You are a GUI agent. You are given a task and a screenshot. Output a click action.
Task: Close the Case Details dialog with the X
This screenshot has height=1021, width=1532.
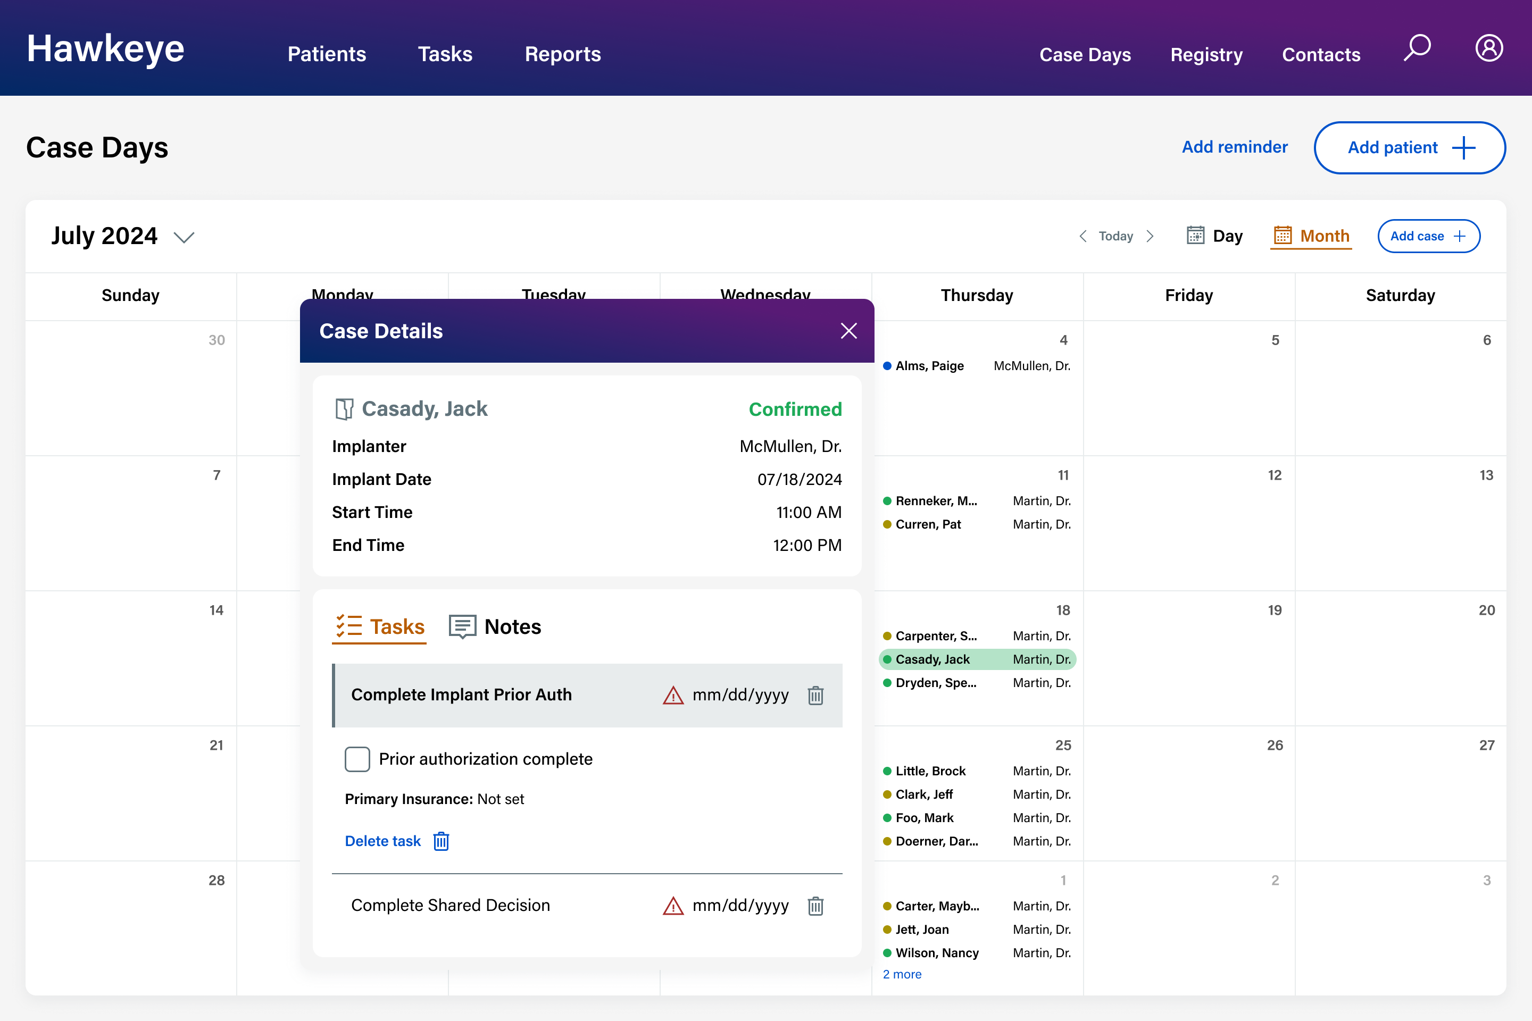pos(848,331)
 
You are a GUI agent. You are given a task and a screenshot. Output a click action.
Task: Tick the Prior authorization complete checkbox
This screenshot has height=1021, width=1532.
pos(357,759)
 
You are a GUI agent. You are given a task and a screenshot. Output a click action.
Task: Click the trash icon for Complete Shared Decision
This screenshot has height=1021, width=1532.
pos(815,906)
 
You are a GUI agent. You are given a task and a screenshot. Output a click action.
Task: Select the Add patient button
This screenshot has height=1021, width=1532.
pos(1410,148)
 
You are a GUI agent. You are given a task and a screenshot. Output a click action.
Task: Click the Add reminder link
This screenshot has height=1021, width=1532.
pos(1234,147)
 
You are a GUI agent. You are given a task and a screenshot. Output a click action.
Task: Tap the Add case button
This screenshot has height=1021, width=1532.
pos(1428,236)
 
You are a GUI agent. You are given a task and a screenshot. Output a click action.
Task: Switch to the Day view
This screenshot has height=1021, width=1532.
pos(1215,236)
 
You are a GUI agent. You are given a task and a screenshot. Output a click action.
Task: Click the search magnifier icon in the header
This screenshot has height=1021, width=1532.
pos(1417,48)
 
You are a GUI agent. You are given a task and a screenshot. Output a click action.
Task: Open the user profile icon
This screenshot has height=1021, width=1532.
pos(1489,48)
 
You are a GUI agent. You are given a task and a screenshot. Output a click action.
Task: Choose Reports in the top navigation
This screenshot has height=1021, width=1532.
pos(563,54)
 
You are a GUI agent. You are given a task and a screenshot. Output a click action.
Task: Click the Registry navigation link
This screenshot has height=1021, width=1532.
pos(1206,55)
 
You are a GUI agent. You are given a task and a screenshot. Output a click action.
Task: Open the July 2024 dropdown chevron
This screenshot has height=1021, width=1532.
pos(185,237)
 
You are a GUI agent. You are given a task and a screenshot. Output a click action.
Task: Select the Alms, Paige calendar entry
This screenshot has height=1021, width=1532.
pos(929,366)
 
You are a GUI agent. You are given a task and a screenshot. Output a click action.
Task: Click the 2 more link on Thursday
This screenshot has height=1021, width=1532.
pos(902,974)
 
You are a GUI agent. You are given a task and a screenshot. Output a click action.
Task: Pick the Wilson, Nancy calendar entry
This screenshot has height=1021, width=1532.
pos(937,952)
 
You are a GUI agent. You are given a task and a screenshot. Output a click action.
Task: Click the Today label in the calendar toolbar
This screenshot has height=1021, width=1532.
pos(1116,236)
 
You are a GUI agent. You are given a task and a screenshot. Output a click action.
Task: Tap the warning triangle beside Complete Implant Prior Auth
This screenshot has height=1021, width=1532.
pos(673,696)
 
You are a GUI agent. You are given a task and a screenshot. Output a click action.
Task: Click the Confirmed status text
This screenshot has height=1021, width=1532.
pos(795,409)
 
